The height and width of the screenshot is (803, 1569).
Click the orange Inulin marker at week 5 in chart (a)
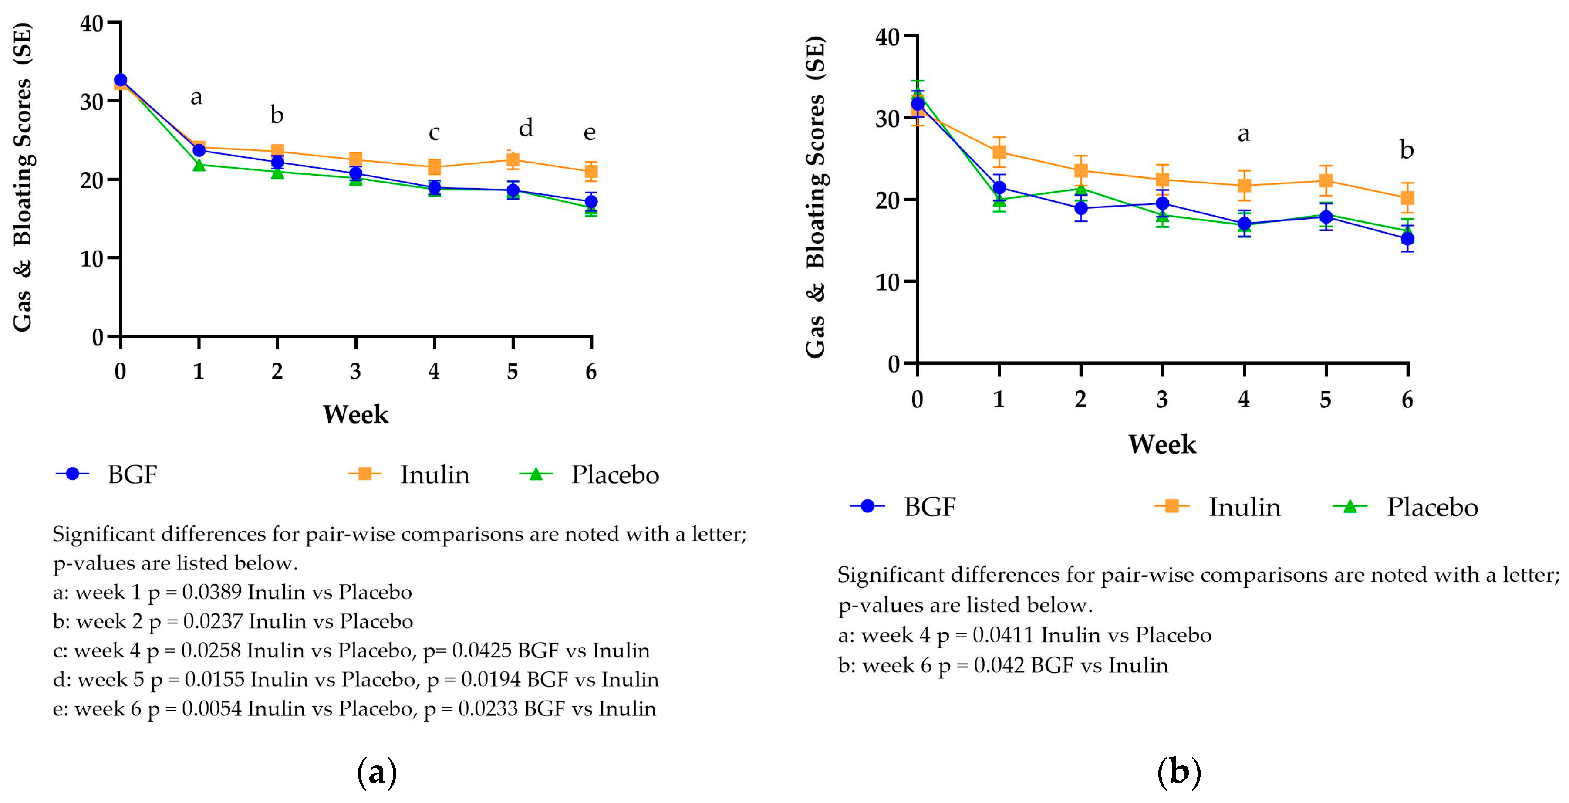tap(513, 159)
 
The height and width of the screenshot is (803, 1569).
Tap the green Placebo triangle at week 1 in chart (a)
tap(199, 165)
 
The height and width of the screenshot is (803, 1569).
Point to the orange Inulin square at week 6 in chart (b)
tap(1407, 197)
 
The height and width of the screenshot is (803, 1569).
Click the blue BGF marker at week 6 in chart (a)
tap(591, 202)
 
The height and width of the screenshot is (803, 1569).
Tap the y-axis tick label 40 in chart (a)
tap(92, 24)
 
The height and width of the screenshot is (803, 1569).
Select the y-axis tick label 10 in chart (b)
tap(887, 282)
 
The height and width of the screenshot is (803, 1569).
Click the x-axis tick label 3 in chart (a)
tap(356, 371)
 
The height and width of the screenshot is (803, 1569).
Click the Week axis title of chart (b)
tap(1161, 444)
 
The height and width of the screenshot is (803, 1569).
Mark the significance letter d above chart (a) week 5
tap(526, 129)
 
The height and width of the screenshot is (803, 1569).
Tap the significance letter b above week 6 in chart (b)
tap(1407, 150)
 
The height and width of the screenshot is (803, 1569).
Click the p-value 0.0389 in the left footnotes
tap(212, 592)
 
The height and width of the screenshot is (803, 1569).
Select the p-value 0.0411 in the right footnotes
tap(1003, 635)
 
